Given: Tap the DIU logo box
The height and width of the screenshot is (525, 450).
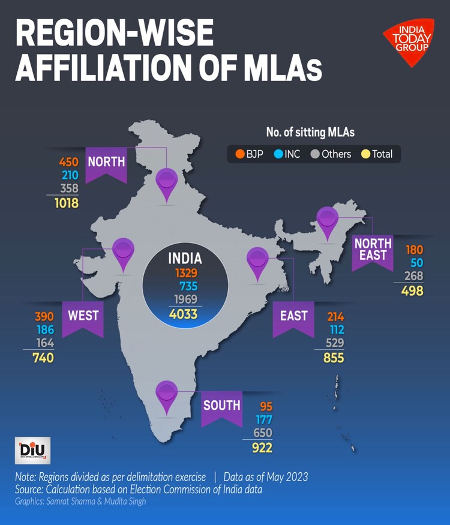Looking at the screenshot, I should pyautogui.click(x=32, y=451).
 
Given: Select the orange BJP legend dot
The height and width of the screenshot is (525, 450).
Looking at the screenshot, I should pyautogui.click(x=239, y=154).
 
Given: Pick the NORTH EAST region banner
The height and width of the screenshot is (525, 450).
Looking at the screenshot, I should pyautogui.click(x=373, y=251).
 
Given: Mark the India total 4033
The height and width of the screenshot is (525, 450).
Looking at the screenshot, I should pyautogui.click(x=182, y=313).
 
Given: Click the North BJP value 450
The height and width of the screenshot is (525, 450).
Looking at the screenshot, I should pyautogui.click(x=70, y=162).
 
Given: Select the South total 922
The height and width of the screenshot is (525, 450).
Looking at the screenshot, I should pyautogui.click(x=262, y=448).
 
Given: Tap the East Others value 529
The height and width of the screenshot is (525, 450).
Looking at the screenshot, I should pyautogui.click(x=335, y=344).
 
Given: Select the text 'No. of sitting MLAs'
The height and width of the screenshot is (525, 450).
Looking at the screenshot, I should pyautogui.click(x=314, y=132).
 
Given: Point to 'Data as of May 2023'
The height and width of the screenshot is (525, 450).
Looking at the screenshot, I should pyautogui.click(x=266, y=478).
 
